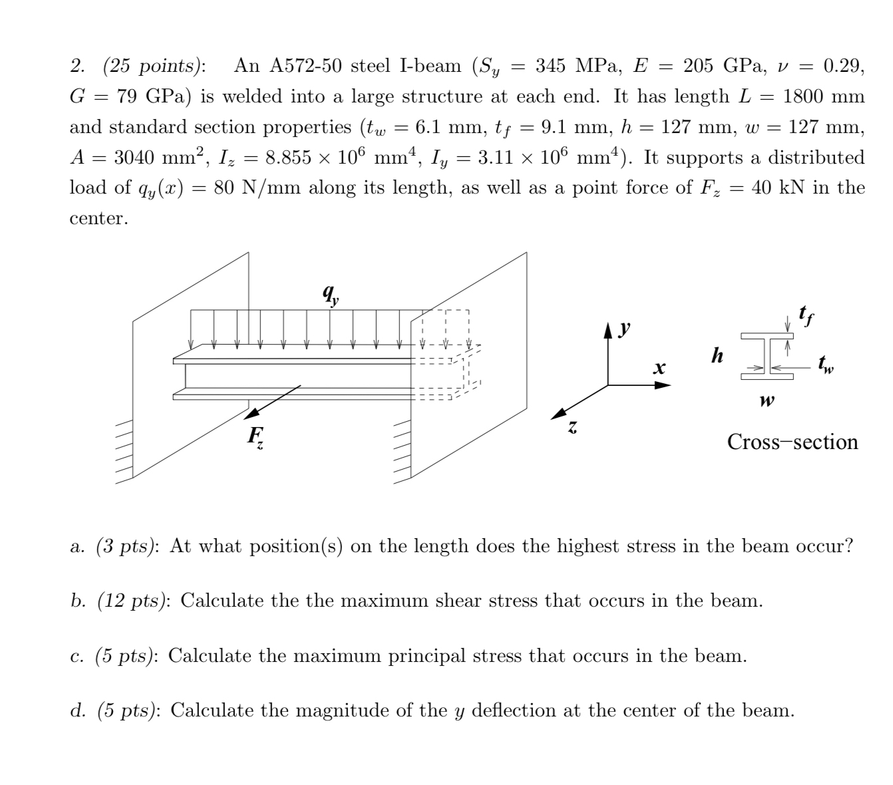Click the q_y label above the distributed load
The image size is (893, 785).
coord(329,293)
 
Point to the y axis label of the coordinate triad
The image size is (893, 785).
coord(624,329)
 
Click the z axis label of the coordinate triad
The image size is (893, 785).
coord(572,430)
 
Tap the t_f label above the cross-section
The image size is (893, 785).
coord(804,313)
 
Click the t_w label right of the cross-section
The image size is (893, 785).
coord(826,365)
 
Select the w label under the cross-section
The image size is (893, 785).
coord(767,401)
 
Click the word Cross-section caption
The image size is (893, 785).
coord(793,442)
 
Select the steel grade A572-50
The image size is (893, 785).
coord(305,66)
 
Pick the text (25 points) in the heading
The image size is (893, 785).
coord(154,66)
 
